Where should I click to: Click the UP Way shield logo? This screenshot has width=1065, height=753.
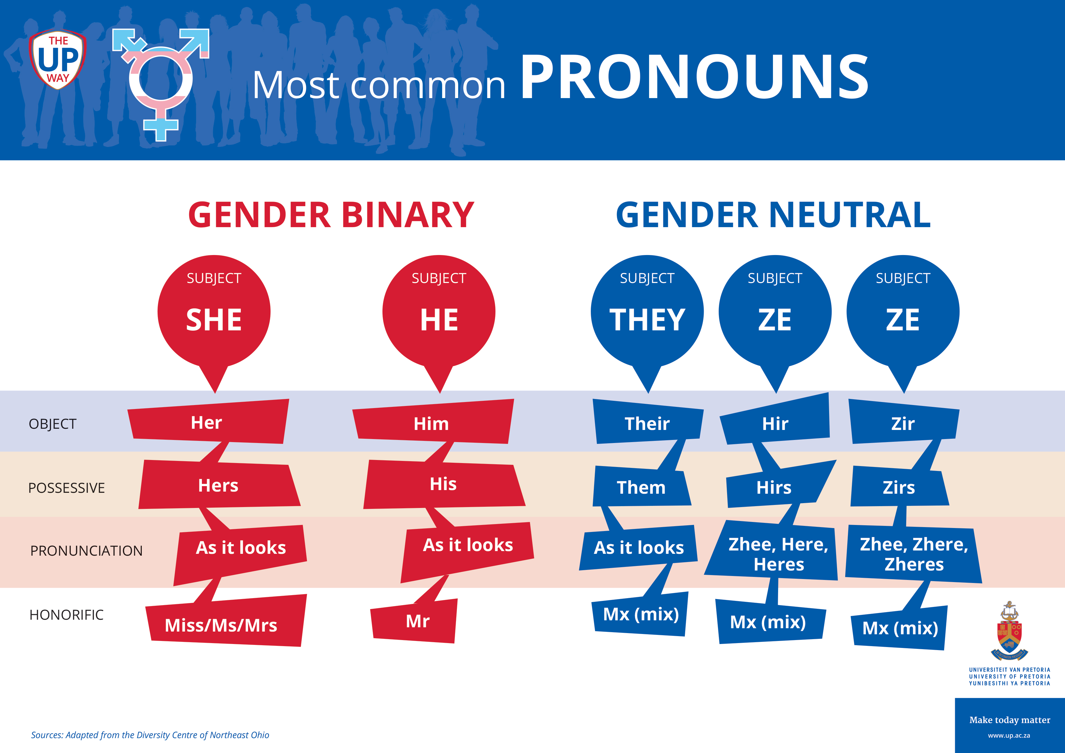[57, 59]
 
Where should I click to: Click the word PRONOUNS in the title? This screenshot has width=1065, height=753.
[694, 77]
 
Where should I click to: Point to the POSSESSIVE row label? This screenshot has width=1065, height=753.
[66, 488]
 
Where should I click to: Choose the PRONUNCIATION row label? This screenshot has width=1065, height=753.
[86, 551]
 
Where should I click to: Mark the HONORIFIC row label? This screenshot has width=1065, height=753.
[66, 615]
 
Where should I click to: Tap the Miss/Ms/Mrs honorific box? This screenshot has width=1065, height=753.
[226, 620]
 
